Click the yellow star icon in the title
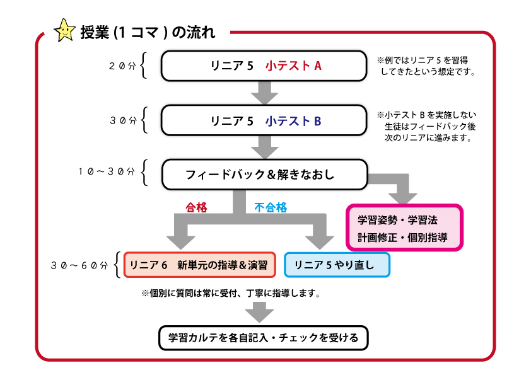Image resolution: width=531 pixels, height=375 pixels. (64, 31)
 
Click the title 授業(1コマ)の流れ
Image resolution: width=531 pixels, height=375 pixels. (148, 32)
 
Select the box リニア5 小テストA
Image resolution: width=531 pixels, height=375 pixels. (264, 66)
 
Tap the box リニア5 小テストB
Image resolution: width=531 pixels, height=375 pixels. (264, 120)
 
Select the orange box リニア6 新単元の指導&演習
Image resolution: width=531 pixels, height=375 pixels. (200, 265)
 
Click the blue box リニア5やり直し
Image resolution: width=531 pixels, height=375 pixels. (337, 265)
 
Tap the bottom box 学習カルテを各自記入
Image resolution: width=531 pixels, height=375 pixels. (263, 338)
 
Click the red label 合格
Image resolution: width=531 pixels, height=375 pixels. (196, 207)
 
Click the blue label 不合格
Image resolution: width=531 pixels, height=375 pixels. (271, 207)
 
